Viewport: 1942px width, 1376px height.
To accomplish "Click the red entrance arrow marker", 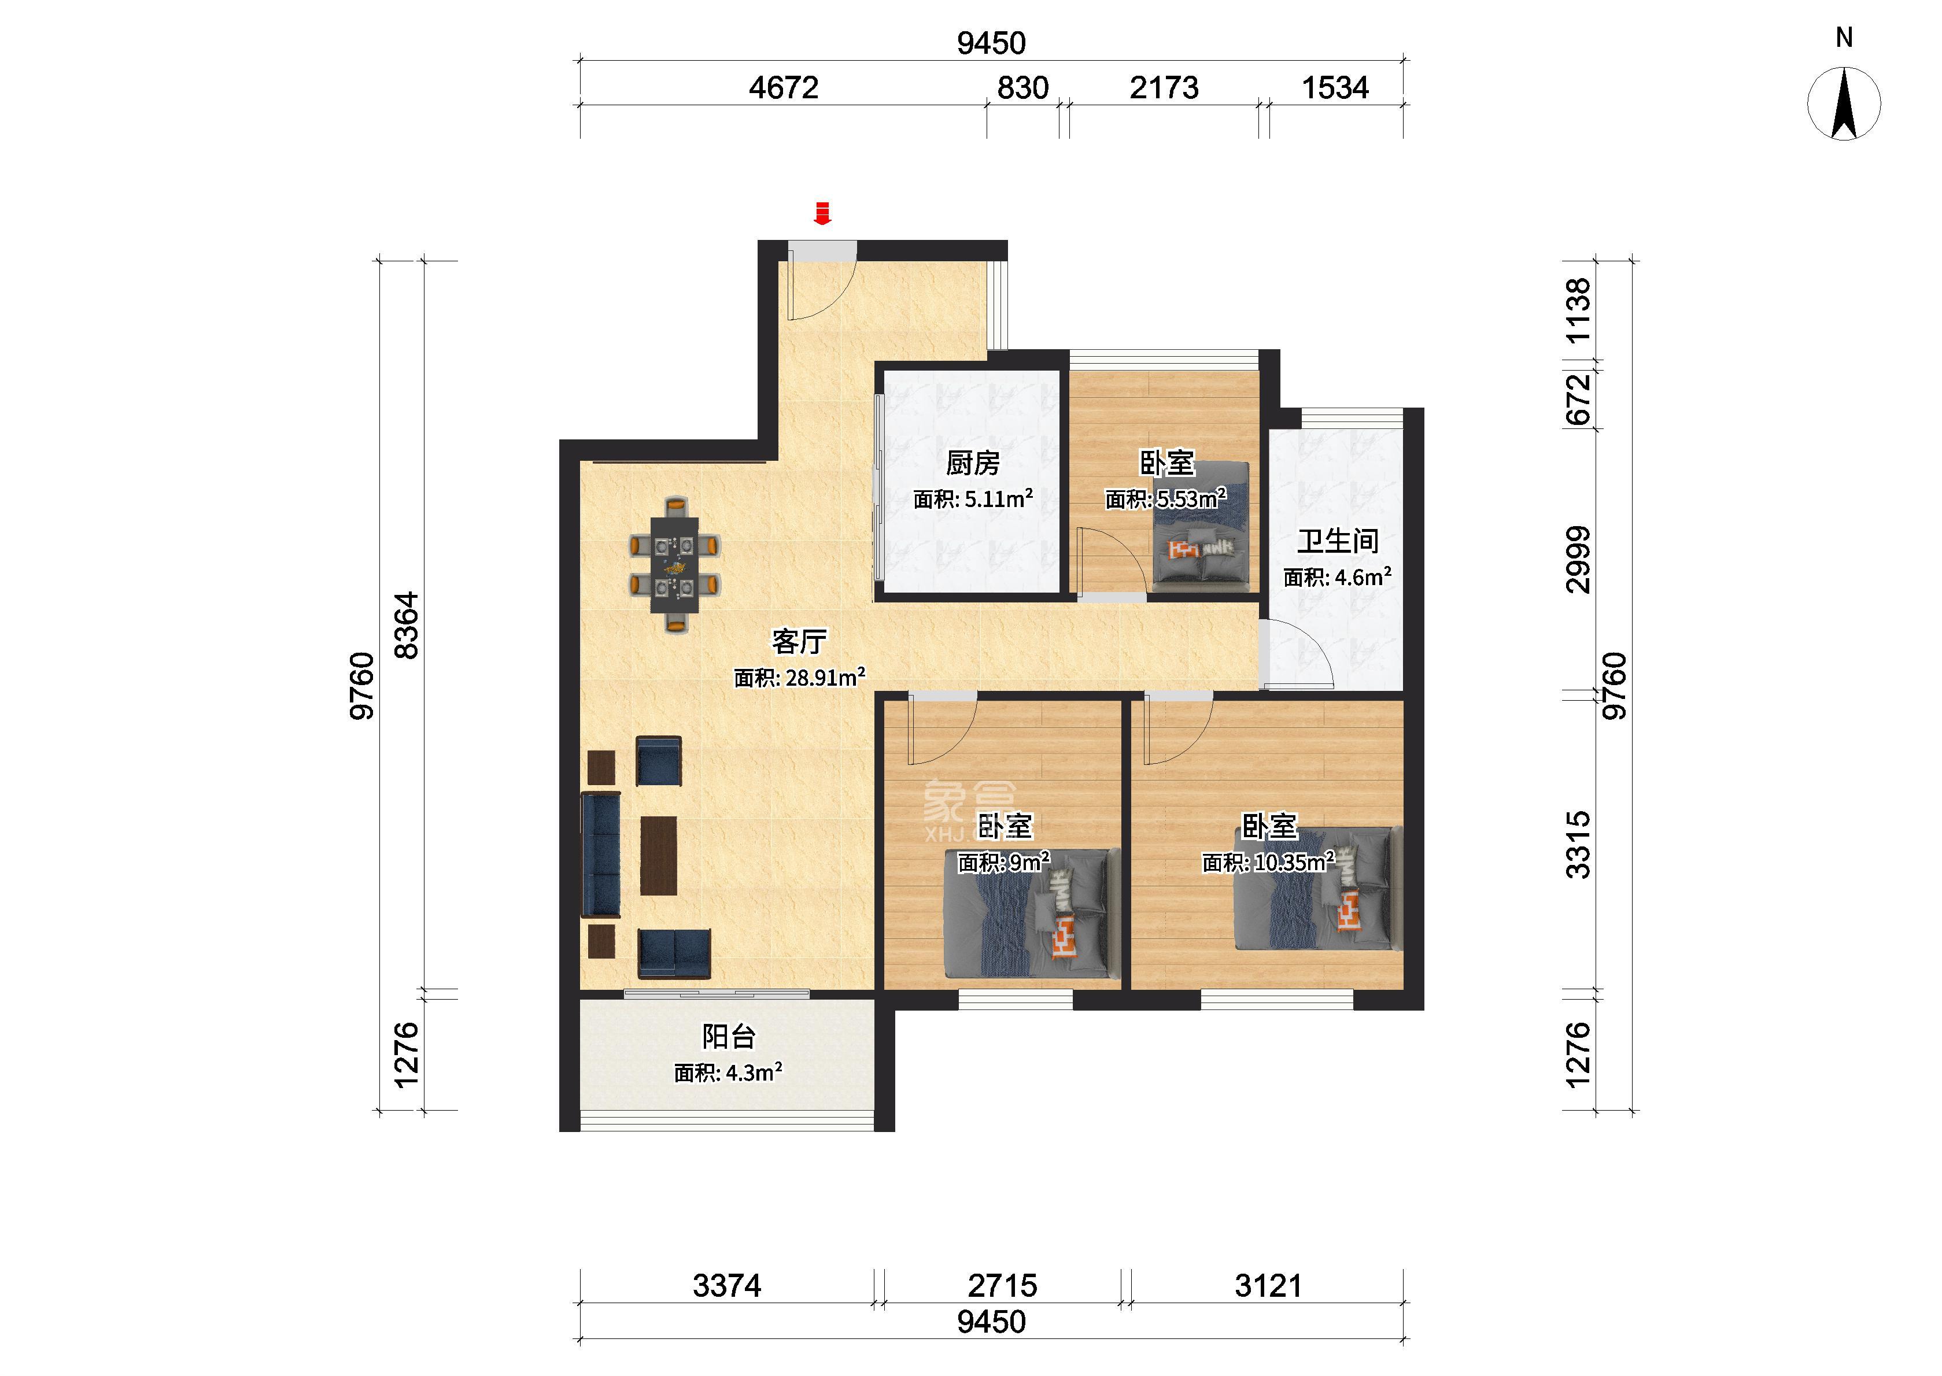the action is (821, 213).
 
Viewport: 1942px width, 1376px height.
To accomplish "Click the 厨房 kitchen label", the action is (973, 464).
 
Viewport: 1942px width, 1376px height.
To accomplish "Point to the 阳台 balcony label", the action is (729, 1036).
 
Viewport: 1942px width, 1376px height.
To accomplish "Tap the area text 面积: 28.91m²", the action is (799, 678).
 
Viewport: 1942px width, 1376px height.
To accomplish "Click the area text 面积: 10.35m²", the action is (1268, 863).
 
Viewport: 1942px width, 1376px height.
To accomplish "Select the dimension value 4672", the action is (783, 88).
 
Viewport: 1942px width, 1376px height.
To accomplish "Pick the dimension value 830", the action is (1022, 88).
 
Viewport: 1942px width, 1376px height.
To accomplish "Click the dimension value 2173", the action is (1164, 88).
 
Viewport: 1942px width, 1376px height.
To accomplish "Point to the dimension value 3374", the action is (727, 1285).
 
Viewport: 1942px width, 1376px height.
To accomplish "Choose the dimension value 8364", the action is (408, 626).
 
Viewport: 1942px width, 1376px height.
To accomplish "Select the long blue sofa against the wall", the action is (601, 855).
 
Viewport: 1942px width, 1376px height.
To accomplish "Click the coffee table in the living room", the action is (658, 855).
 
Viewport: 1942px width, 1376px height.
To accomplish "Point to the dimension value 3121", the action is (1268, 1285).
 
